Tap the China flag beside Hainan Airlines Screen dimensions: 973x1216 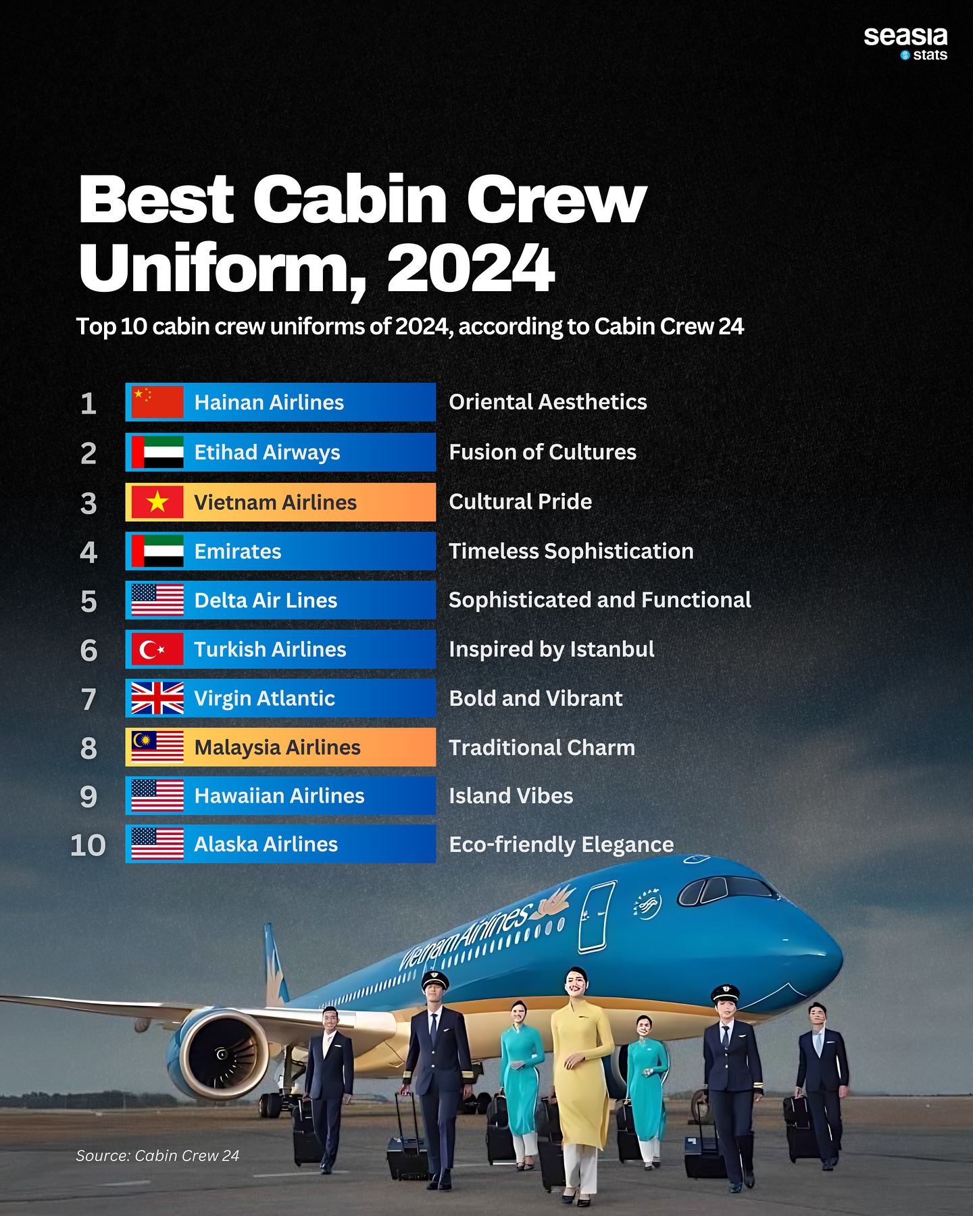coord(157,402)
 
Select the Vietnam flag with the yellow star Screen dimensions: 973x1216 coord(157,502)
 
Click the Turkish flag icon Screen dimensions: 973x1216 coord(157,649)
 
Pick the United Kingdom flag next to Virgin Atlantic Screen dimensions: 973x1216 coord(157,698)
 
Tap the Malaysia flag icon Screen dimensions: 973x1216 coord(157,747)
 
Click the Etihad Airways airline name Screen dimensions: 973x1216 coord(267,453)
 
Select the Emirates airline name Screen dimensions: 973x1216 coord(238,551)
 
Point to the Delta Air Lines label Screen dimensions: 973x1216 coord(266,600)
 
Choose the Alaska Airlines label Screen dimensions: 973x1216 coord(266,844)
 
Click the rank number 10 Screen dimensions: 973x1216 coord(88,845)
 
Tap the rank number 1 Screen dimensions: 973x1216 coord(88,403)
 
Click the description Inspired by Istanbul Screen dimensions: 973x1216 coord(551,650)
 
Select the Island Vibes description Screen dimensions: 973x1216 coord(511,796)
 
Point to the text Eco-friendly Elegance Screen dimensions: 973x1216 coord(562,844)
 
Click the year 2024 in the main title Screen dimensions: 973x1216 coord(470,268)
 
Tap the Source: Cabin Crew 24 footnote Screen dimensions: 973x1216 coord(157,1155)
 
